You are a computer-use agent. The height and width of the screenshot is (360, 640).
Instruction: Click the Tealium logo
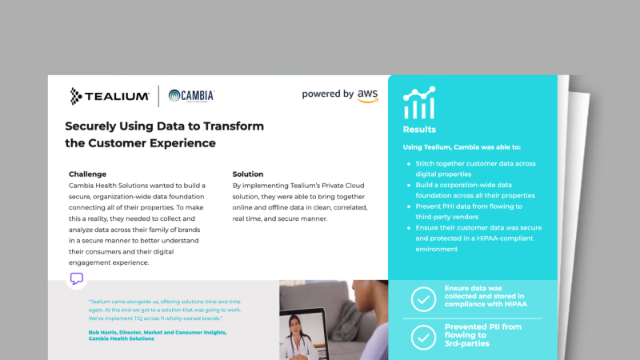110,96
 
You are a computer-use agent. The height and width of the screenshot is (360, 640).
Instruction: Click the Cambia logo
191,96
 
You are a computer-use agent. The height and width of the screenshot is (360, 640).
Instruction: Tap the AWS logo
368,96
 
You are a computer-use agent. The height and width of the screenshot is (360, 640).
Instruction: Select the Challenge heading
87,174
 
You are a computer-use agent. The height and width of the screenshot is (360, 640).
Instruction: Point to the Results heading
420,130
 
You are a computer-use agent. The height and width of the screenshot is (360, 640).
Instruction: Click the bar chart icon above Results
419,103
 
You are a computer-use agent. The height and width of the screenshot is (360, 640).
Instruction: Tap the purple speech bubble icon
77,278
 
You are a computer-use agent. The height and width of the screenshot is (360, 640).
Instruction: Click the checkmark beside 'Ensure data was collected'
423,298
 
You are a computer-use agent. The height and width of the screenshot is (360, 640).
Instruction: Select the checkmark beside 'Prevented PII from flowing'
423,338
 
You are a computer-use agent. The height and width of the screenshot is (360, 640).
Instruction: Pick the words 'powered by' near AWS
328,94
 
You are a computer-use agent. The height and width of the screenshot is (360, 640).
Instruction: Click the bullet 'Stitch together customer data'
475,163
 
